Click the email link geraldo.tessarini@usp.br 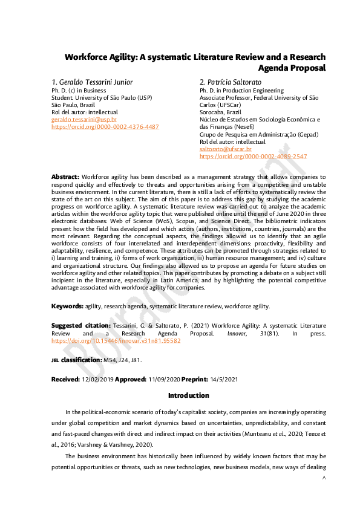(x=83, y=120)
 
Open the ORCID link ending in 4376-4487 (x=105, y=127)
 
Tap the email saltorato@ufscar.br (x=225, y=149)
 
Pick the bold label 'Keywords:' (x=67, y=306)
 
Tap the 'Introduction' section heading (x=188, y=395)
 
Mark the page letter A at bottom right (x=324, y=478)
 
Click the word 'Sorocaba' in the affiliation (x=212, y=112)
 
